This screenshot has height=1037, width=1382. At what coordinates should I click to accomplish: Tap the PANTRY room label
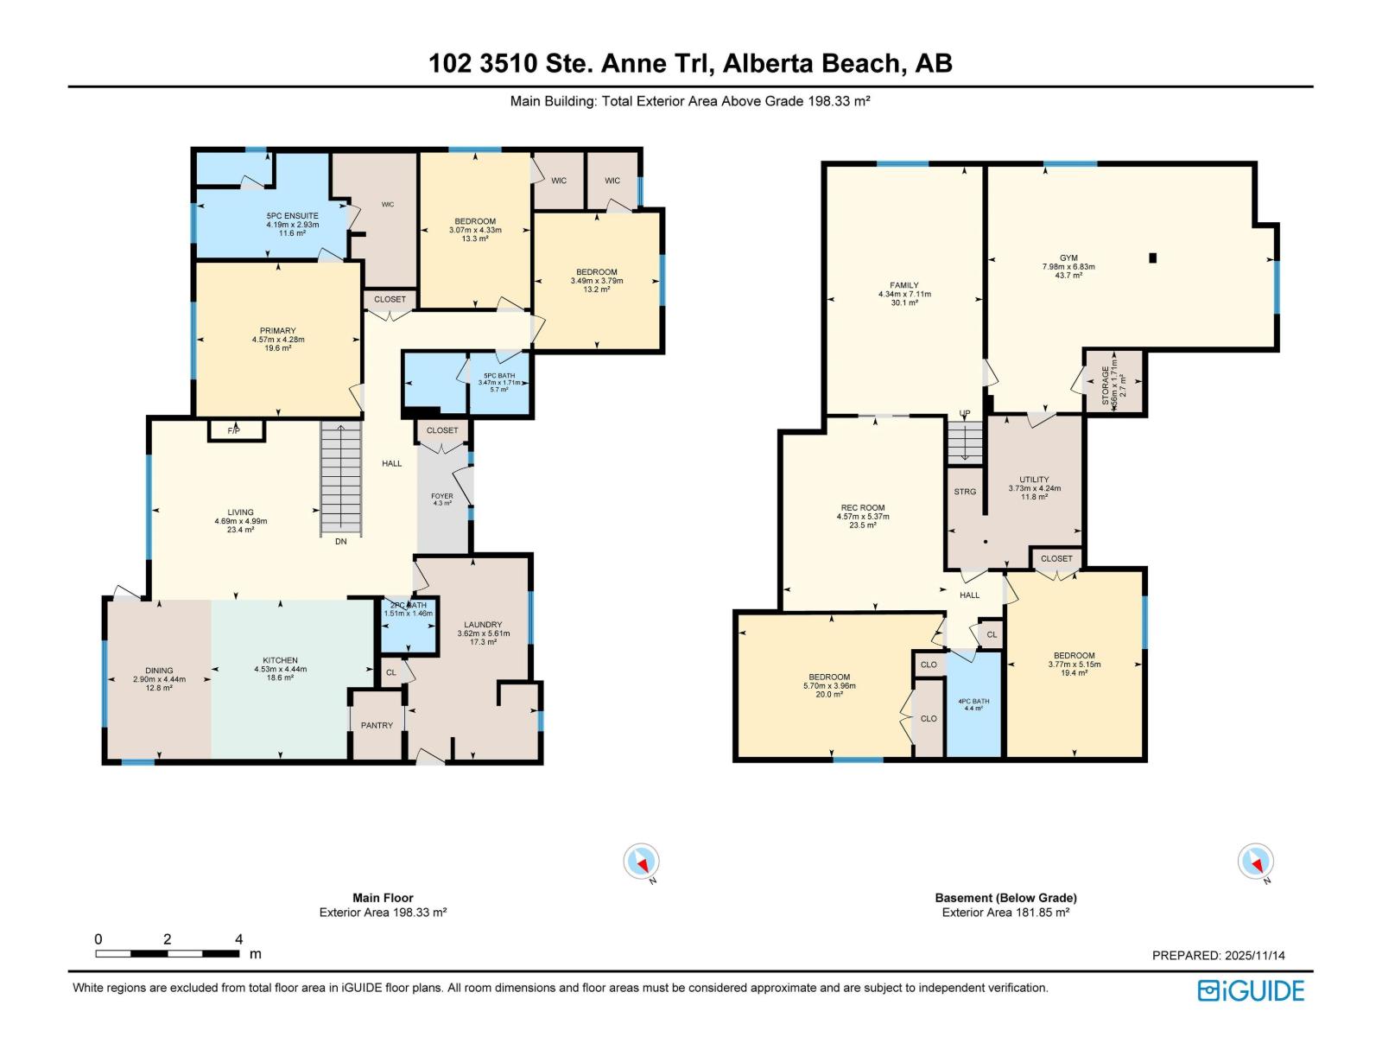377,726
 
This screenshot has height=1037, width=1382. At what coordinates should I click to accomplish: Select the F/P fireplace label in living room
233,430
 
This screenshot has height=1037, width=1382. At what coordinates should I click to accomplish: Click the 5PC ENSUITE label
292,216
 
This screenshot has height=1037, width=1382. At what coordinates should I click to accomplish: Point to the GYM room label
1068,258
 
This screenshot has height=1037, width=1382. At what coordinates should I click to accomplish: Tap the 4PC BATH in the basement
973,703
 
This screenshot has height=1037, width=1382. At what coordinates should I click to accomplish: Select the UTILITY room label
1034,480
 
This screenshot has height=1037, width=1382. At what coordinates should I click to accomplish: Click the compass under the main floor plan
642,862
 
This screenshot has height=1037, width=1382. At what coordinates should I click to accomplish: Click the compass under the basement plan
1256,862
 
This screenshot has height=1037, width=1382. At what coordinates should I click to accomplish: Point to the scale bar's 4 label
238,939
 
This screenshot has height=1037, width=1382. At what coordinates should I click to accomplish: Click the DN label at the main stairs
341,542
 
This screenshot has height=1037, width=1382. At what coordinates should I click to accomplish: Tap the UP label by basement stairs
965,414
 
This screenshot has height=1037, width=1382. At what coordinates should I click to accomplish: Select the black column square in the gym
1152,258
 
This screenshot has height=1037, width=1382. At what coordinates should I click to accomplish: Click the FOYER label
441,497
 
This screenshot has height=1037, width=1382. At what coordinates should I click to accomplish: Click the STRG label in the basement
965,492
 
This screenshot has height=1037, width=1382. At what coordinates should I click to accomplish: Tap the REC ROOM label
862,508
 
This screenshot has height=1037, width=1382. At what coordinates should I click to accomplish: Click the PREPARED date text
1218,956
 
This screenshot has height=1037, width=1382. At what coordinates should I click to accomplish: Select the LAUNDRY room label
483,625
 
